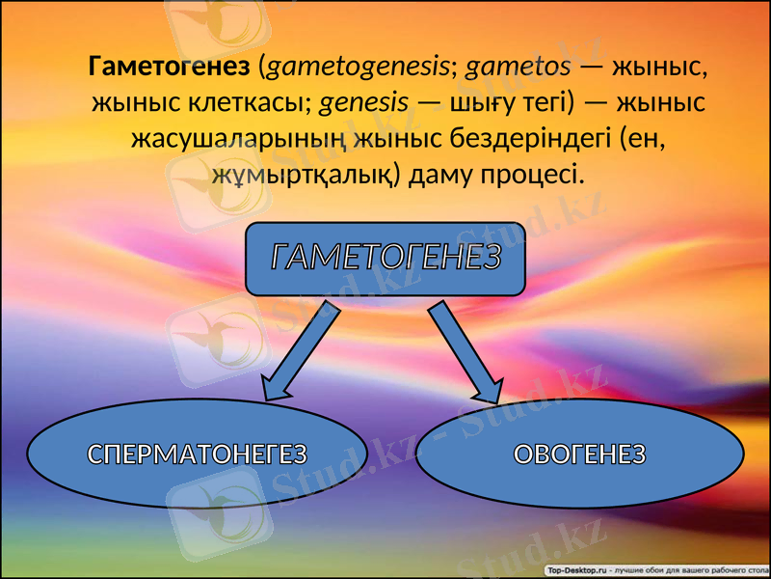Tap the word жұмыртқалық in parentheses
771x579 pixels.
(305, 174)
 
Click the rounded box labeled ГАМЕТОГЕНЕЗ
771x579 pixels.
(385, 258)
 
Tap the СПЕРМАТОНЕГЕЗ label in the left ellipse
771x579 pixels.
(197, 454)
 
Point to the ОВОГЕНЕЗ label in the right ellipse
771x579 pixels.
(578, 454)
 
